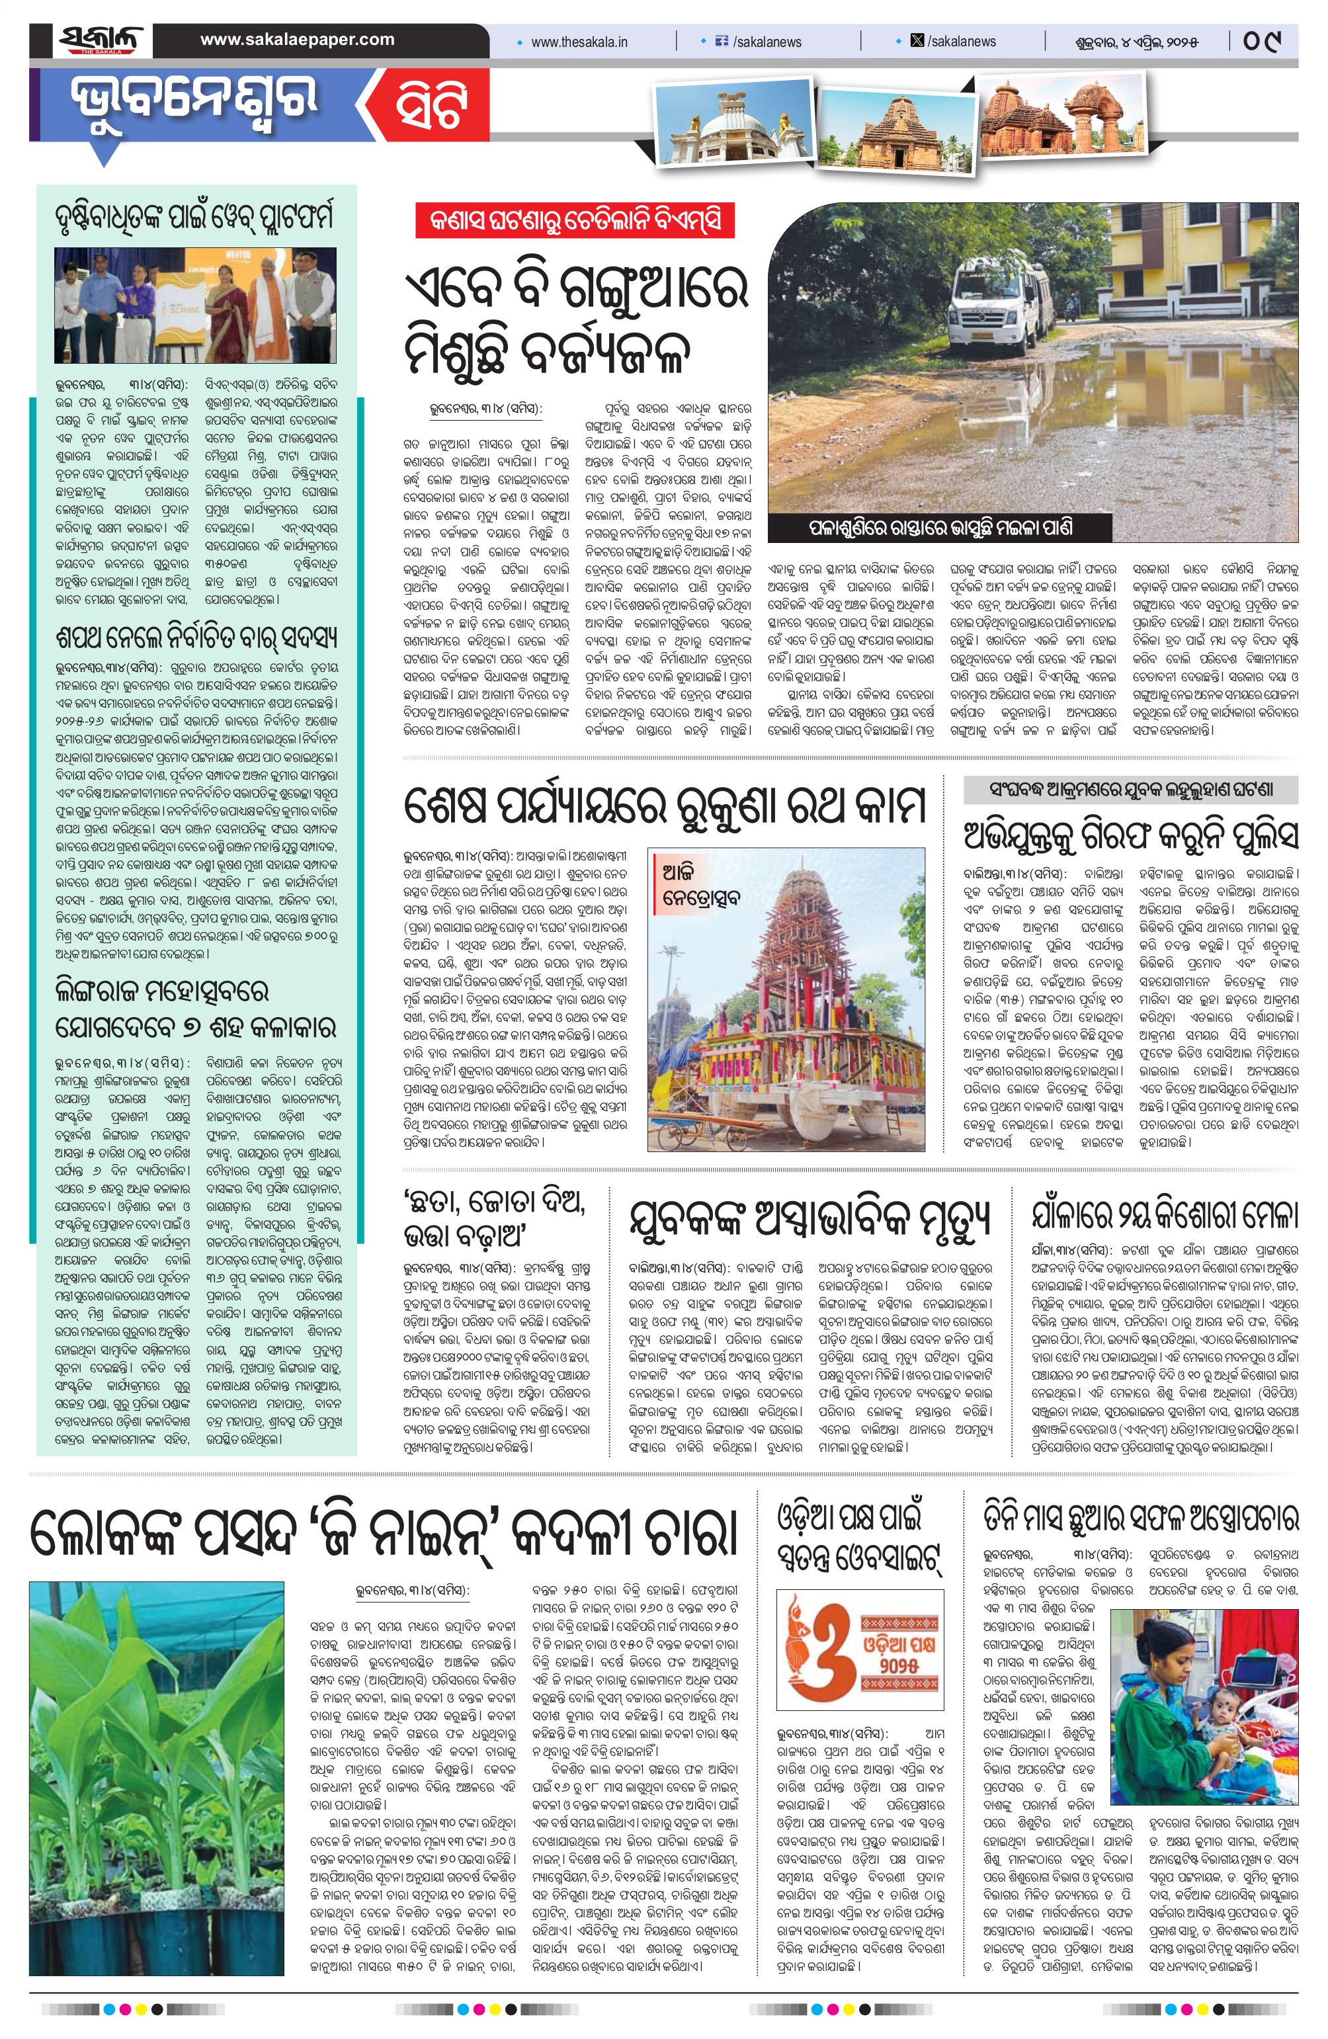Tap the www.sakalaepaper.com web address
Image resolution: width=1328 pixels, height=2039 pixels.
coord(298,40)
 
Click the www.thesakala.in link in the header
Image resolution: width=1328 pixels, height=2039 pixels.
coord(579,41)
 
